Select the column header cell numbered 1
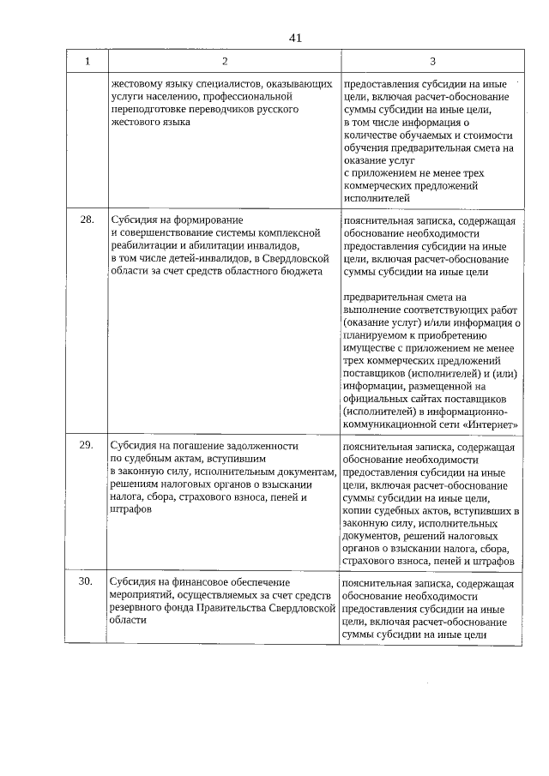pos(87,62)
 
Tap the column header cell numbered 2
pos(225,62)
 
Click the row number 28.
pos(87,220)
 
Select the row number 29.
pos(87,446)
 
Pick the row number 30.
pos(87,581)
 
